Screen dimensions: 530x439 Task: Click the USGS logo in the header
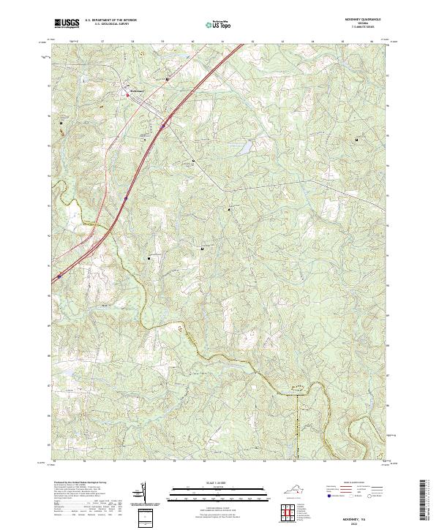67,23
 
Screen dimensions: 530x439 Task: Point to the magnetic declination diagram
144,494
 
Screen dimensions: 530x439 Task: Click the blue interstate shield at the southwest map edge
59,276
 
